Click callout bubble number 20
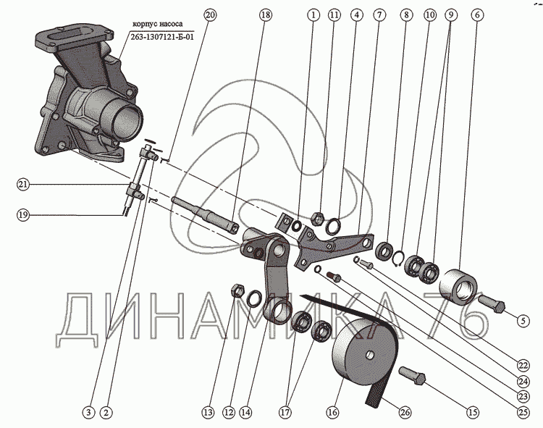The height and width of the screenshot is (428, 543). (x=210, y=14)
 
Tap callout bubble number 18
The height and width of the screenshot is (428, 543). (x=264, y=14)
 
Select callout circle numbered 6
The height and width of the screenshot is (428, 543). (x=476, y=14)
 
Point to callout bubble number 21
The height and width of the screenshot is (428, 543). (x=24, y=185)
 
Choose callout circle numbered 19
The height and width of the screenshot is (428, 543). (x=24, y=214)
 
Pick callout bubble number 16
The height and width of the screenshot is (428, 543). (x=332, y=412)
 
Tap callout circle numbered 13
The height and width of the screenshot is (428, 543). (x=209, y=412)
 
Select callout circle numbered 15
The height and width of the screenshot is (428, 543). (x=472, y=412)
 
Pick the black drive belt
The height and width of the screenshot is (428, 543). (x=380, y=355)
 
